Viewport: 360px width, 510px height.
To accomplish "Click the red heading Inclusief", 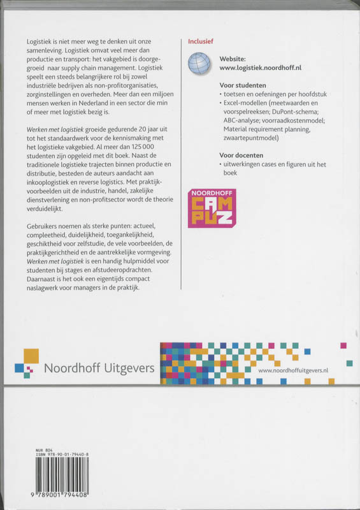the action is tap(199, 41).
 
